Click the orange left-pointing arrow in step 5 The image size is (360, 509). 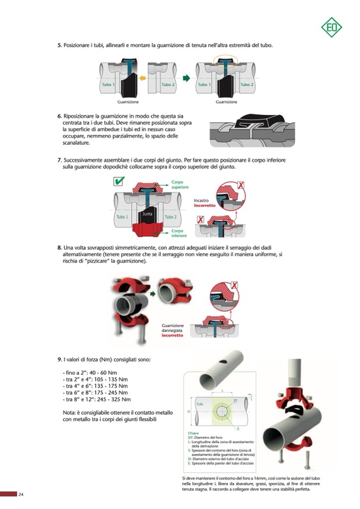(142, 78)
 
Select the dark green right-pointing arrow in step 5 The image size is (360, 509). (186, 78)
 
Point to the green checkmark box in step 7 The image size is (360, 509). (119, 182)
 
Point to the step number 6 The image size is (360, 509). (59, 116)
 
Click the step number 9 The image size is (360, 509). (59, 359)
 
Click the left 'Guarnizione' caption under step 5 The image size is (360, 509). (127, 102)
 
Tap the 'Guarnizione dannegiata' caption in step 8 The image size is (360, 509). (173, 328)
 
